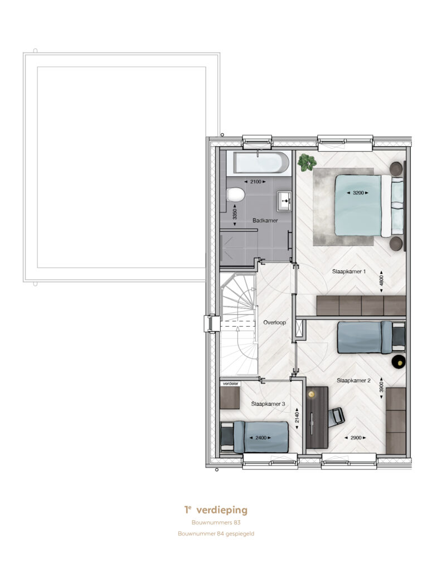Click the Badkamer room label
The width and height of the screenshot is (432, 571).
(x=265, y=220)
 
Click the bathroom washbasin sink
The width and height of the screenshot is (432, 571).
(x=284, y=201)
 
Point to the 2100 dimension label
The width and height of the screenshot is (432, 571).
(x=255, y=181)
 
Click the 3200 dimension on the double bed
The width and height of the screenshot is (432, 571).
(x=358, y=192)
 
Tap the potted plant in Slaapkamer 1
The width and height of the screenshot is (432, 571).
(x=306, y=162)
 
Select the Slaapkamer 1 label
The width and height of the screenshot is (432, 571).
(x=348, y=272)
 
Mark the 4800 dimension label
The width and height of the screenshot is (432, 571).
(x=381, y=281)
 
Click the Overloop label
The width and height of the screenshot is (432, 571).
(x=274, y=322)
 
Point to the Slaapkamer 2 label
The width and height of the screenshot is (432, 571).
(x=353, y=380)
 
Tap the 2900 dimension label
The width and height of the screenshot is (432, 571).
(x=356, y=438)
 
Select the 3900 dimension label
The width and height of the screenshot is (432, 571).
(x=381, y=387)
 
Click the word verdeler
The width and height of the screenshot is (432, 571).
(x=230, y=384)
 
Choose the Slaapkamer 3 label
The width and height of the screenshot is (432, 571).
(x=268, y=404)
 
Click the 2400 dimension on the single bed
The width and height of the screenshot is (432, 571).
(x=260, y=438)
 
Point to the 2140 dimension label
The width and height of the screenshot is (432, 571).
(x=297, y=417)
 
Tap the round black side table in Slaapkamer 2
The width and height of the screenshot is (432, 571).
(x=399, y=362)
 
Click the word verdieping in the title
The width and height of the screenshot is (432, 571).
(x=222, y=510)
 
